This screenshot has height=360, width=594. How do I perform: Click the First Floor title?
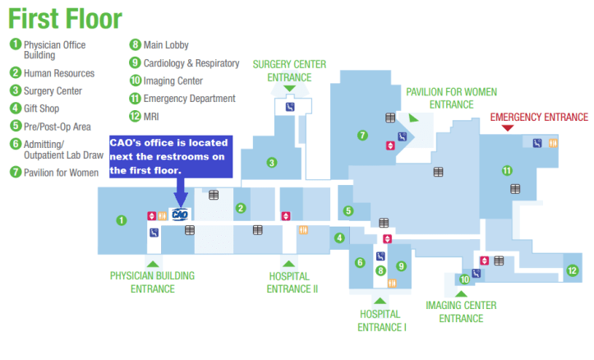(66, 18)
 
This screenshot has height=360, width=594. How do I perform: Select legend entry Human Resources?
(58, 73)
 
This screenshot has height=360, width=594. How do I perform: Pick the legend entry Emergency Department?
(189, 99)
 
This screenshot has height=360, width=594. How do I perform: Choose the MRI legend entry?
(153, 116)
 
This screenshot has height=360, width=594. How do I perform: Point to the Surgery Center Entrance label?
(289, 71)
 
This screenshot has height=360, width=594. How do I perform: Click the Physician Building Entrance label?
(152, 282)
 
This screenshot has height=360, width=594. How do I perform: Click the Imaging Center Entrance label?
(460, 312)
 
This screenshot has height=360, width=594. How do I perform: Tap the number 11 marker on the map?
(507, 171)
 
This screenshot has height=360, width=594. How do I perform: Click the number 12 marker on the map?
(572, 270)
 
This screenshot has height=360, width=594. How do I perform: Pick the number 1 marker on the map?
(121, 219)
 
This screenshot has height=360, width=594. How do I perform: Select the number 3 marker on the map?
(270, 162)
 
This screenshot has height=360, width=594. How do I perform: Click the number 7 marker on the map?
(362, 135)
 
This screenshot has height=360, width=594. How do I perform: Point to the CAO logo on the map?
(180, 215)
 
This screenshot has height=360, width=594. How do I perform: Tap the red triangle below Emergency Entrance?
(507, 128)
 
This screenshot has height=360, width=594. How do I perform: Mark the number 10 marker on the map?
(463, 279)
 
